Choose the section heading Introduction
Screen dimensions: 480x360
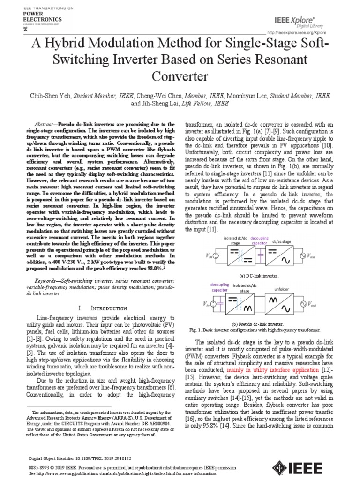point(109,308)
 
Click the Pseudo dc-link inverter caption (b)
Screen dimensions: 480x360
point(257,324)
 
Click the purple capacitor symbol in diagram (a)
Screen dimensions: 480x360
point(259,255)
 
